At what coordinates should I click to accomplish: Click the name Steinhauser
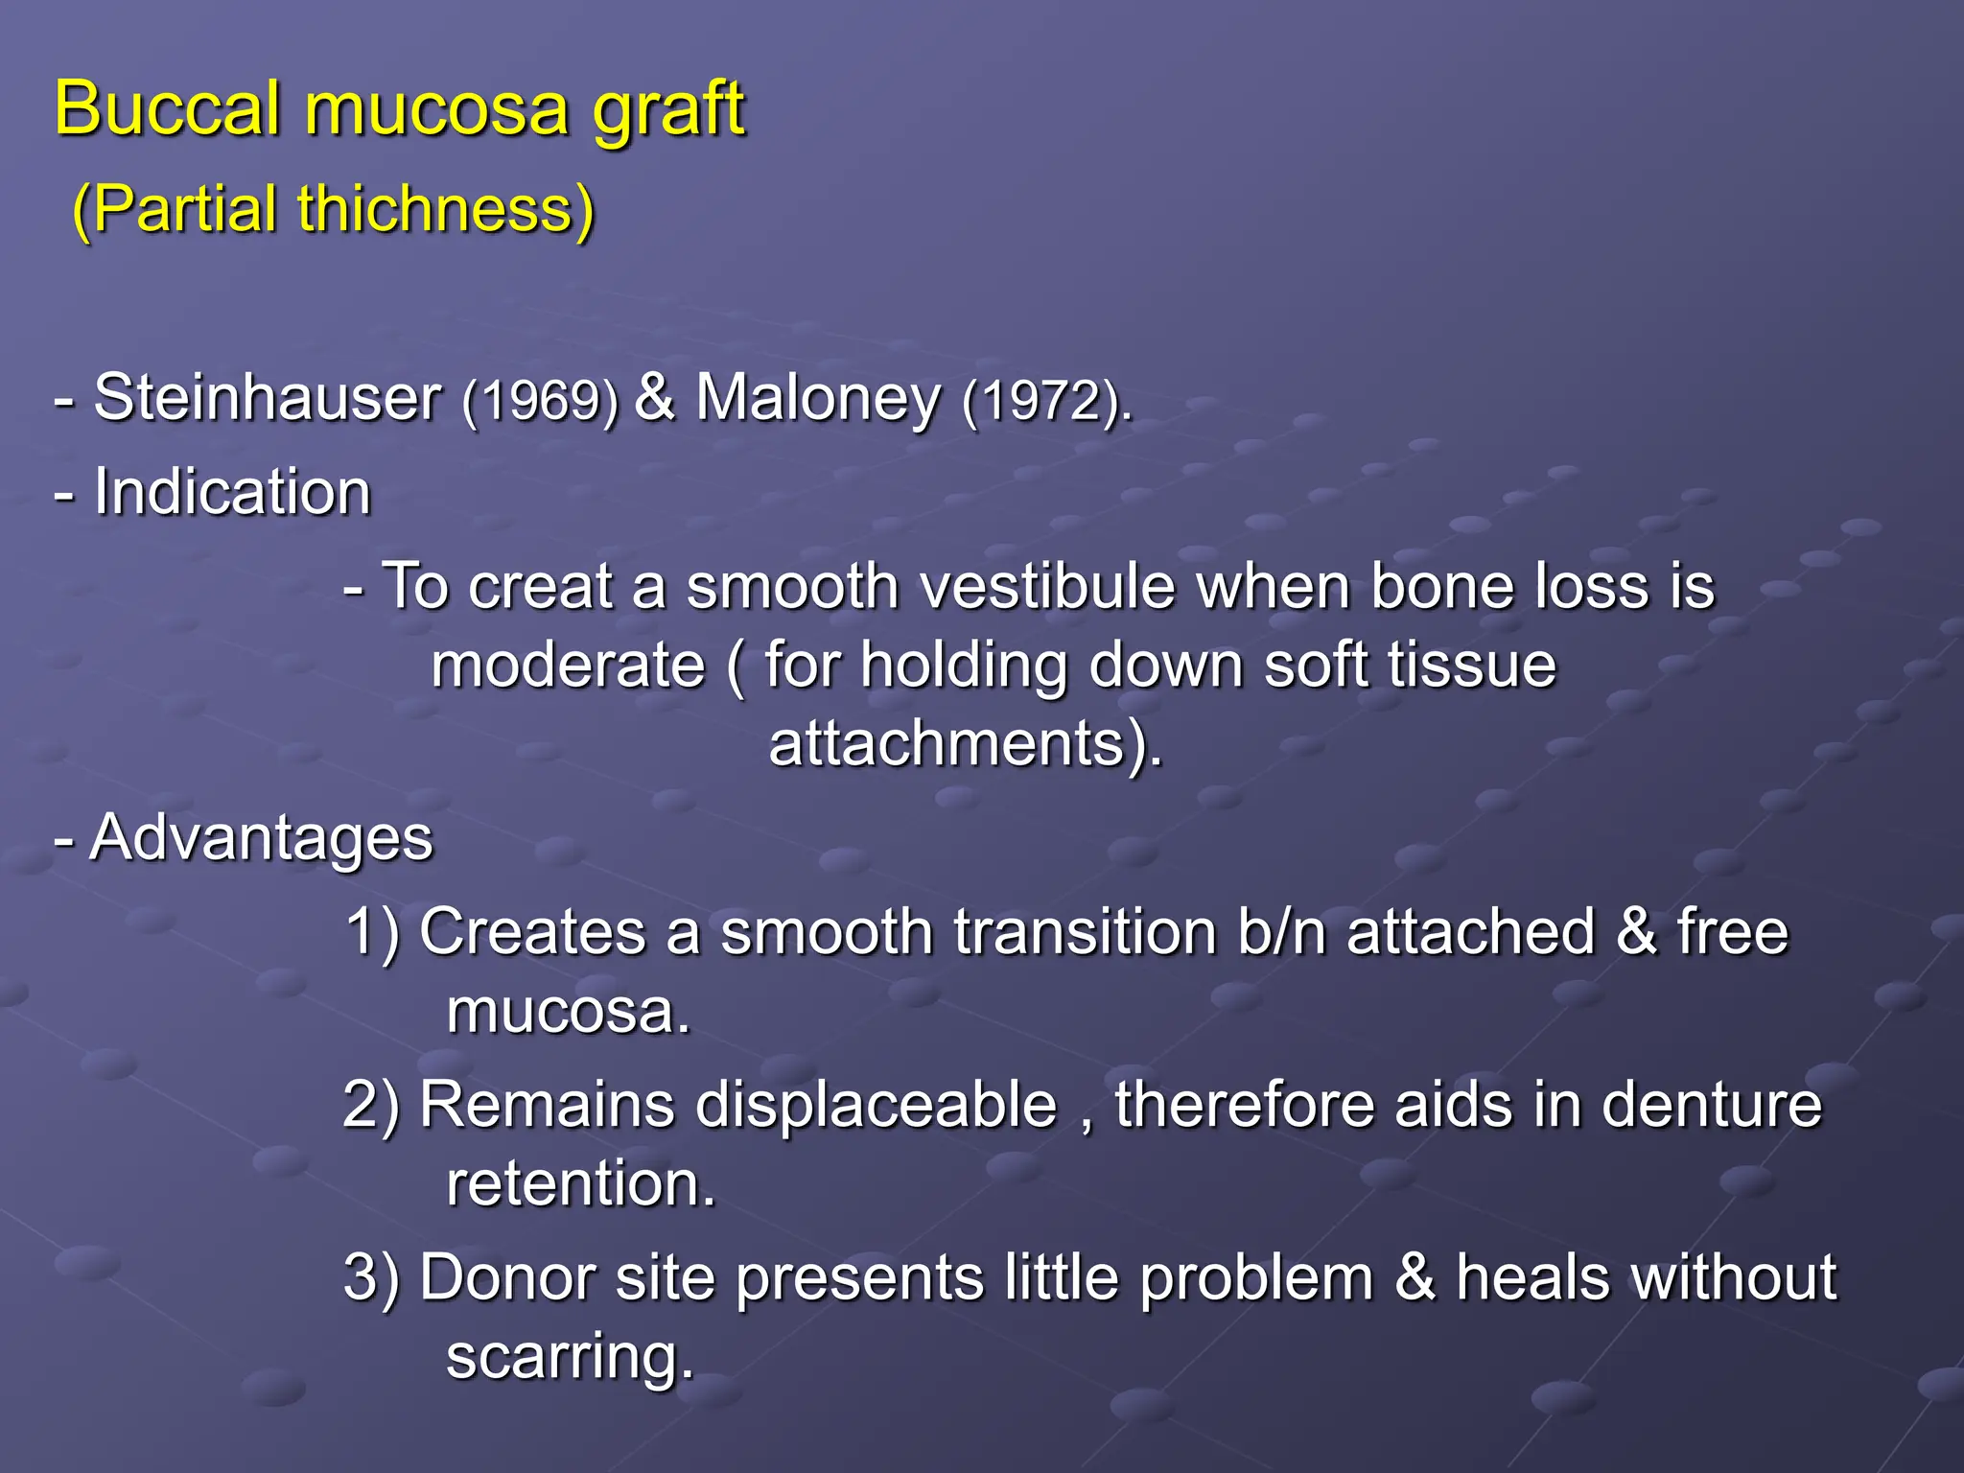point(268,397)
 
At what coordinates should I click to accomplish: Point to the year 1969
point(540,400)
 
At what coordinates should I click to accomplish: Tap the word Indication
point(232,492)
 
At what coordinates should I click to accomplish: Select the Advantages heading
point(261,837)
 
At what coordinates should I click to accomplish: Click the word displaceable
point(876,1105)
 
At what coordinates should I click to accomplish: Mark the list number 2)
point(371,1105)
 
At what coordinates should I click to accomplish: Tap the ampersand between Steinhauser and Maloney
point(655,397)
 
